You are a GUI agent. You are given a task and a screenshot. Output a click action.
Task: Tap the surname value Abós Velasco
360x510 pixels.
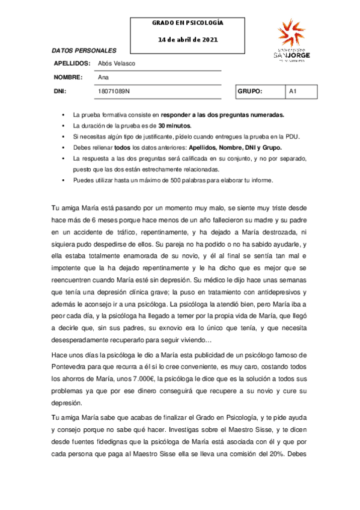117,63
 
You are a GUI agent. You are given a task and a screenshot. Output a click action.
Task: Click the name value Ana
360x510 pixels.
103,77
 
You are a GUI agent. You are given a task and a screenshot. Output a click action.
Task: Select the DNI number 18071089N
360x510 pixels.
114,91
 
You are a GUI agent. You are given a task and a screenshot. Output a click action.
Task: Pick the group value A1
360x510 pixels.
293,91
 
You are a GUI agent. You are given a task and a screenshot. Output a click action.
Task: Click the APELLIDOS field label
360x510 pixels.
72,63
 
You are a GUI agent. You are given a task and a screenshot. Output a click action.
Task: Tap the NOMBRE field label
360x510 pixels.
67,77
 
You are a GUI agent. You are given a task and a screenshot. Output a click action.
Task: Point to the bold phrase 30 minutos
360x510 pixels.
174,126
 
